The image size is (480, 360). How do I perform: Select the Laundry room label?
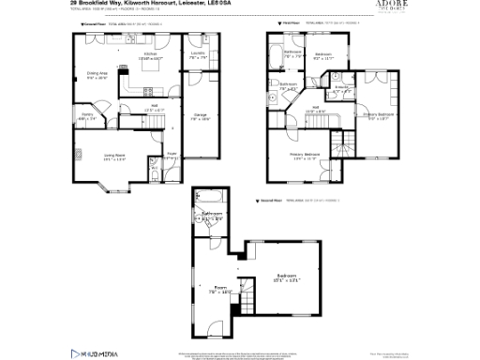(x=197, y=54)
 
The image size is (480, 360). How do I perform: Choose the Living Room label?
(x=113, y=157)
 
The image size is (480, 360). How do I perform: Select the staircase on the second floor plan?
(x=248, y=300)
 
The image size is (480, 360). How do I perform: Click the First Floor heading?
(x=280, y=21)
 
